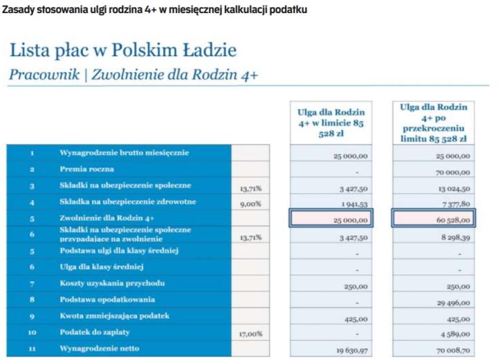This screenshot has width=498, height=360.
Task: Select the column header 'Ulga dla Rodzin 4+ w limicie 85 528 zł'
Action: pyautogui.click(x=330, y=123)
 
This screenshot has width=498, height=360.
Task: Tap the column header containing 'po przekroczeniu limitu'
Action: pyautogui.click(x=434, y=123)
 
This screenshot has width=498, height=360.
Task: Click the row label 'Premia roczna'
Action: pyautogui.click(x=87, y=169)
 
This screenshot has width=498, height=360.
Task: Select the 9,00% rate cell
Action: pyautogui.click(x=250, y=203)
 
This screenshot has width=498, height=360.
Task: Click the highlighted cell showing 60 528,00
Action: pyautogui.click(x=434, y=220)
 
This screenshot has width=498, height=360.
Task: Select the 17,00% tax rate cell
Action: pyautogui.click(x=250, y=334)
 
